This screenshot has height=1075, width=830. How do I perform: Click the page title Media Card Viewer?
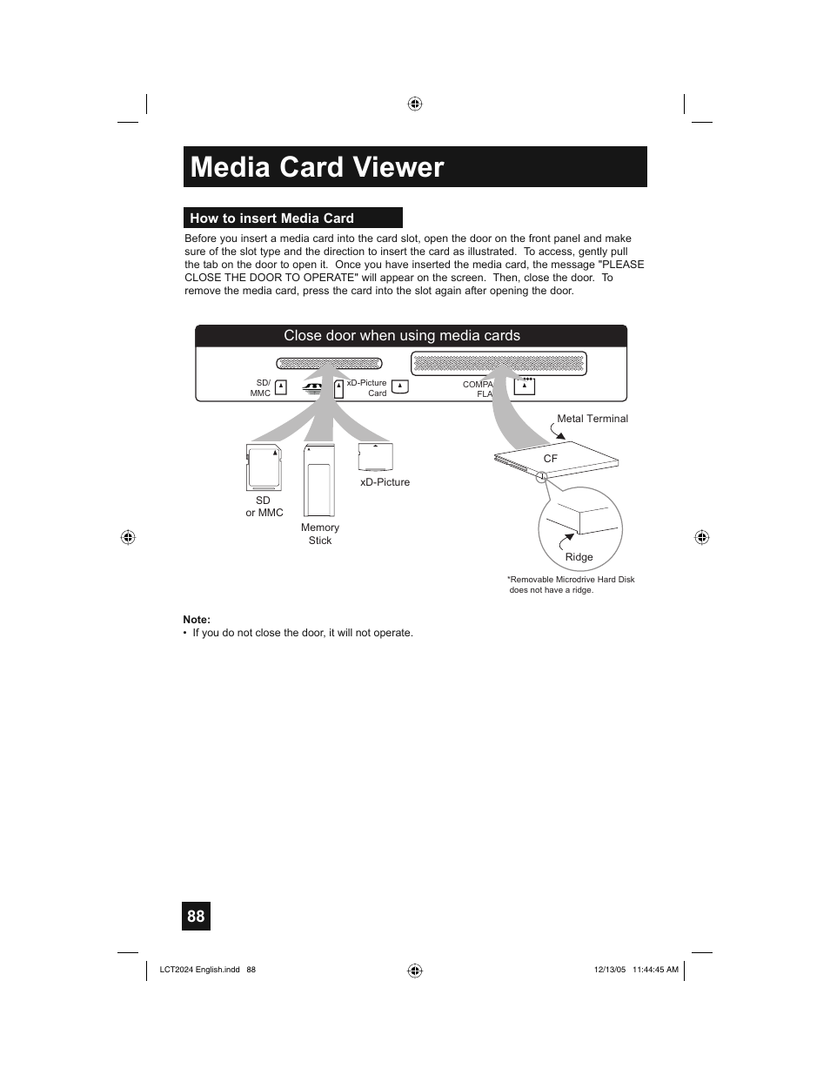click(317, 167)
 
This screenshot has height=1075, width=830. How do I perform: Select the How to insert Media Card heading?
click(271, 218)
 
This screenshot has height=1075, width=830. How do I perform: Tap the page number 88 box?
click(196, 916)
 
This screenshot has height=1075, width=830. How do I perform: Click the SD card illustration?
click(264, 467)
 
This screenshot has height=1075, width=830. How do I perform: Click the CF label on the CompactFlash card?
click(550, 459)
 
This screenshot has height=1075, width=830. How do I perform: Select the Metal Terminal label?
click(592, 419)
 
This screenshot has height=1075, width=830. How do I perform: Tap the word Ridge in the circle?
click(579, 557)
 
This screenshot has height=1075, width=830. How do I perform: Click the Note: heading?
click(197, 620)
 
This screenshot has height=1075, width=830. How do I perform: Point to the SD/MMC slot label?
click(261, 388)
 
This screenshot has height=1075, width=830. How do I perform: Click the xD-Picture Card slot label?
click(367, 388)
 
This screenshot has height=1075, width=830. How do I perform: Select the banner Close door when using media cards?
click(402, 336)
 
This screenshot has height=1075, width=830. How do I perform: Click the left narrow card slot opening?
click(329, 363)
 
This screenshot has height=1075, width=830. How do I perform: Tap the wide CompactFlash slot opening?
click(499, 363)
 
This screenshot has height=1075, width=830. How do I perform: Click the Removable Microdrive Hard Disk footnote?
click(572, 584)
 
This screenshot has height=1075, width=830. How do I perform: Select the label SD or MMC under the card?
click(264, 507)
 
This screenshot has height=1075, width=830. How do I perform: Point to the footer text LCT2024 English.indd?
click(199, 970)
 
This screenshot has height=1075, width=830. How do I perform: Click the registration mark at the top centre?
click(415, 104)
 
